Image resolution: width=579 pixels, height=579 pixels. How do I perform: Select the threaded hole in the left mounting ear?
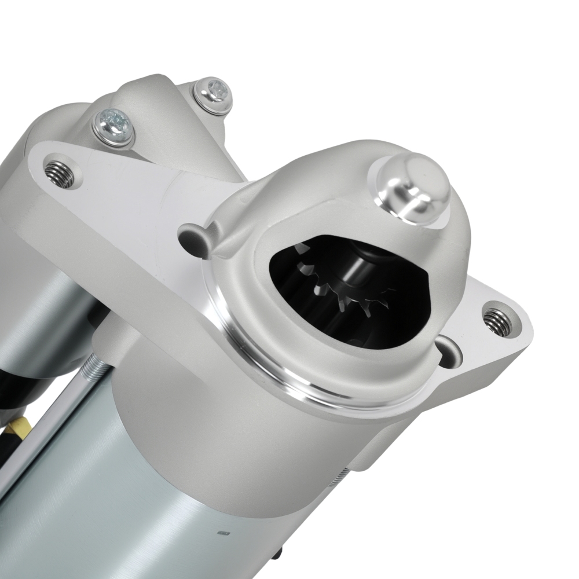click(60, 173)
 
